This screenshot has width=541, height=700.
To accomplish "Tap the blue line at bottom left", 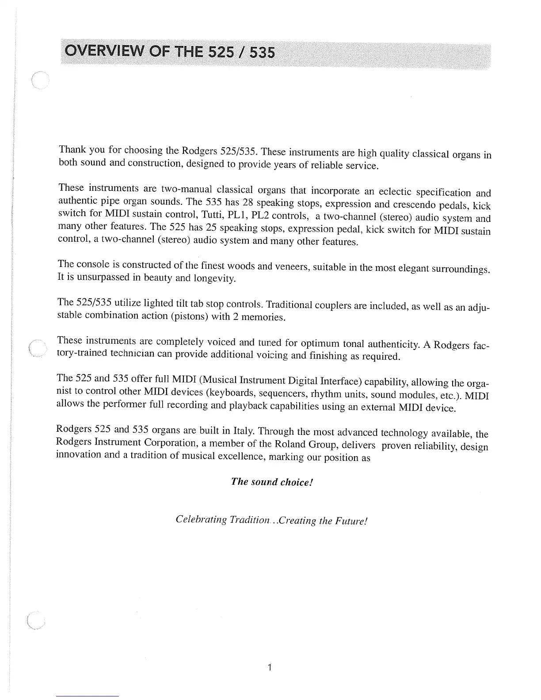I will [x=88, y=696].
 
